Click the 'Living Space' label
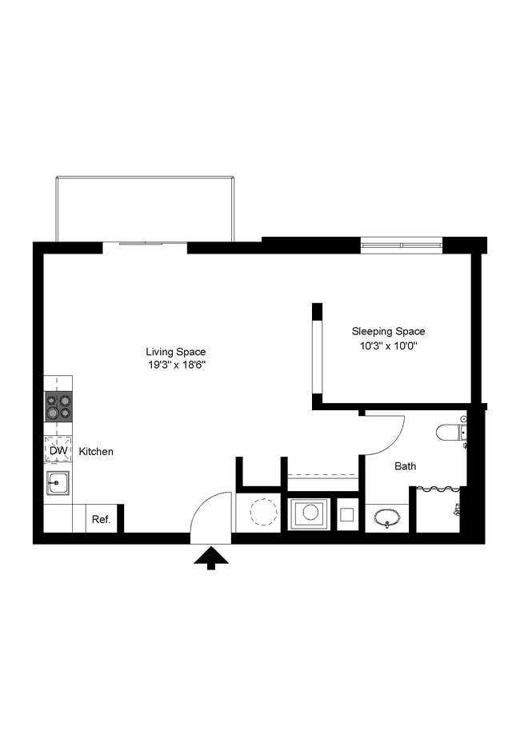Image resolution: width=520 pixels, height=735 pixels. point(175,352)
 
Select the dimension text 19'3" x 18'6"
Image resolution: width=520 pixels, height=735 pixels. point(175,366)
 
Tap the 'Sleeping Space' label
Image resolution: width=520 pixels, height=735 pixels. point(388,331)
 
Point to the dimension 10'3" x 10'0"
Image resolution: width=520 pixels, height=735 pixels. point(388,346)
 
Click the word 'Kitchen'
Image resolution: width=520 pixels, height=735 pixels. point(96,452)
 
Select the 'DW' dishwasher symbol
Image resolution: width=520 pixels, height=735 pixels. point(58,451)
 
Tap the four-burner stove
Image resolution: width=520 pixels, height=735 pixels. point(58,406)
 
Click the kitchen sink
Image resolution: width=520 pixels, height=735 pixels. point(58,483)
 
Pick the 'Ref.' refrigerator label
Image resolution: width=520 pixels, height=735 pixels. point(101,519)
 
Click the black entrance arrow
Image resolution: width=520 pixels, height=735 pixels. point(211,557)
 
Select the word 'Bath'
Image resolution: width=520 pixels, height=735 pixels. point(405,465)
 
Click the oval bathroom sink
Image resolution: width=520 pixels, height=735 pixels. point(388,517)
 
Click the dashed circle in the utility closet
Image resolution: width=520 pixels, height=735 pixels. point(262,512)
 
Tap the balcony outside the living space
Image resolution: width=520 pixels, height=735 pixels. point(145,209)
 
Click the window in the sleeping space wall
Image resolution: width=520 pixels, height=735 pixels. point(401,245)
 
